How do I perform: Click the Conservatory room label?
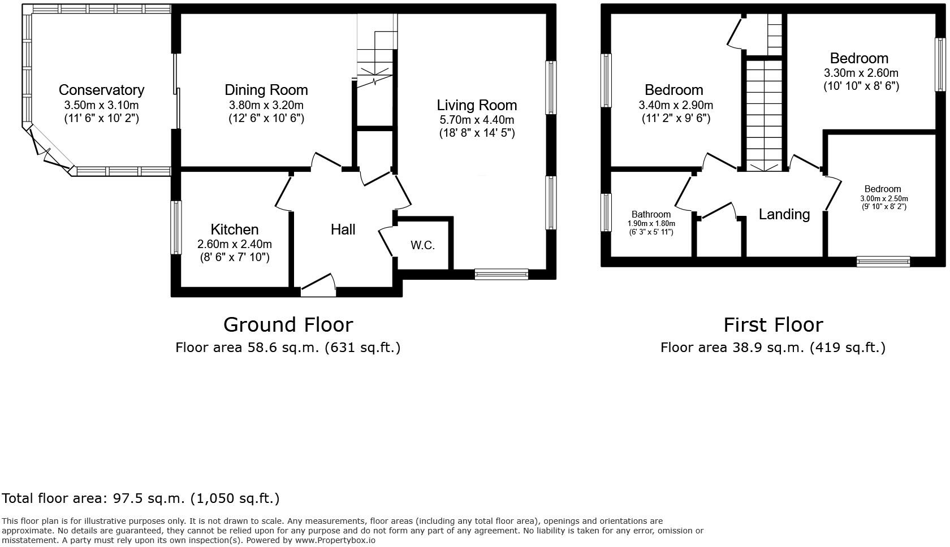[x=101, y=90]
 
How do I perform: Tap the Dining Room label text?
[x=266, y=90]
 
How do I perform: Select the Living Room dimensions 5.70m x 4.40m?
[x=477, y=120]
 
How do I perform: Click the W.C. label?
[x=422, y=245]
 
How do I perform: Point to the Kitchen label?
[x=234, y=229]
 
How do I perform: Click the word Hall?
[x=343, y=229]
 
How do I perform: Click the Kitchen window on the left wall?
[x=176, y=227]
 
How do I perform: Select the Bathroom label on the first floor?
[x=651, y=214]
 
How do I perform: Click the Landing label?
[x=784, y=214]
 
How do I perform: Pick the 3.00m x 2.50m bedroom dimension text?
[x=884, y=198]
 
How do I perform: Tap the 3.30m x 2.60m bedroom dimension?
[x=861, y=73]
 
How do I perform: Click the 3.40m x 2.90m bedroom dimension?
[x=675, y=105]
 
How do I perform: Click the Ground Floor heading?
[x=288, y=324]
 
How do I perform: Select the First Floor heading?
[x=773, y=324]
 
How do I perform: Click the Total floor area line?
[x=141, y=498]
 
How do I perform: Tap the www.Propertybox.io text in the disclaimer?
[x=335, y=540]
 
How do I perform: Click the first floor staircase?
[x=763, y=113]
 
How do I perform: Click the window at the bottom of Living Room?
[x=501, y=275]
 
